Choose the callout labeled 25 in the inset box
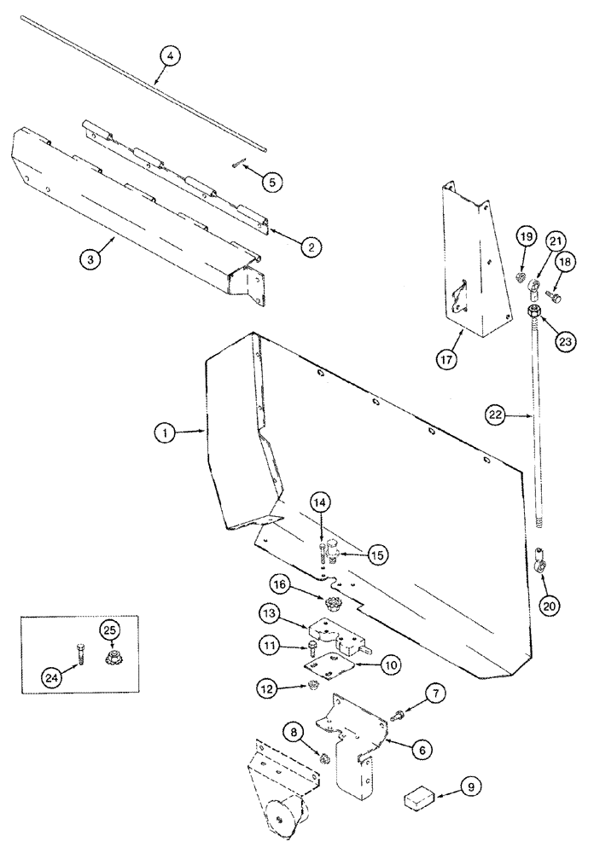click(x=111, y=631)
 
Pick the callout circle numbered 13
click(x=271, y=615)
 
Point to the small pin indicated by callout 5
click(x=236, y=166)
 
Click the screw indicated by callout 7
click(x=397, y=719)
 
